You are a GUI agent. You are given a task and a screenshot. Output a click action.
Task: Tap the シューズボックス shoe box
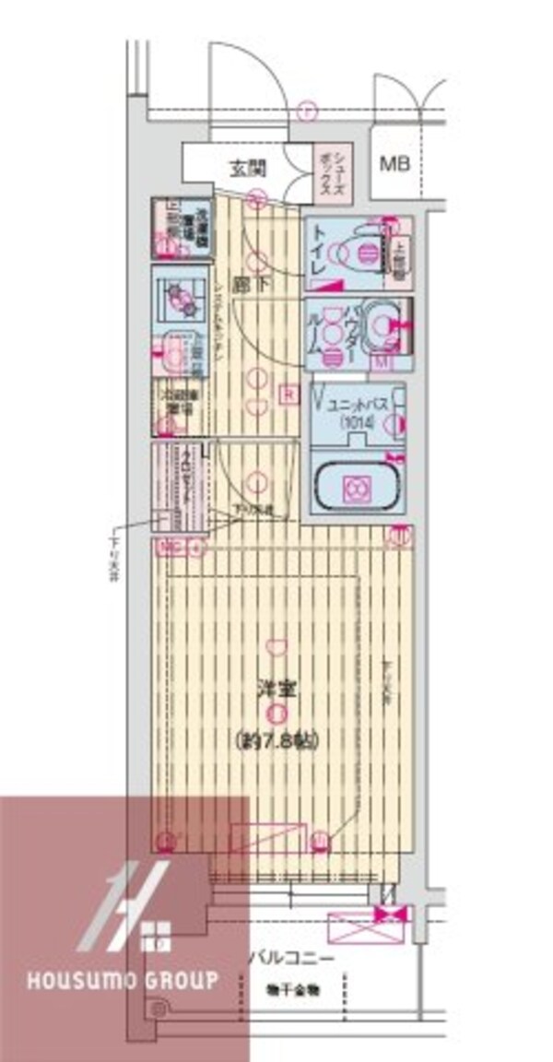pos(329,168)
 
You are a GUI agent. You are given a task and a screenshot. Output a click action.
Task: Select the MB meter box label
pos(396,167)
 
